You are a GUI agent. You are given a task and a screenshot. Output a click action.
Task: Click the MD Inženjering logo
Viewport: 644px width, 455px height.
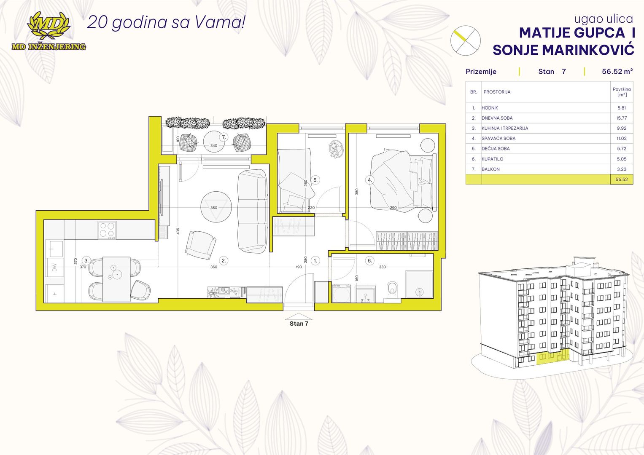tap(49, 31)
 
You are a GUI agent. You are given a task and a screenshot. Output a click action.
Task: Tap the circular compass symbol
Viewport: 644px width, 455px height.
tap(465, 40)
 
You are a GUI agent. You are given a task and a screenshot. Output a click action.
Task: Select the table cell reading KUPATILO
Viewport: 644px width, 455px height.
tap(493, 159)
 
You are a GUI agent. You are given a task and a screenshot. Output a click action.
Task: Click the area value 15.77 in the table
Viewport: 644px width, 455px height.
tap(622, 118)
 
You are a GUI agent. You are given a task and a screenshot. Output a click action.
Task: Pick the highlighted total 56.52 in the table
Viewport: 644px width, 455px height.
tap(622, 179)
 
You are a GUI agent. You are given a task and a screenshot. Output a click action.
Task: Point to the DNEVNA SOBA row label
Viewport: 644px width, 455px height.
tap(497, 118)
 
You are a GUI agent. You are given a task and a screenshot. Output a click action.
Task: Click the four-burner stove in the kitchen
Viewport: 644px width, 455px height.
tap(107, 230)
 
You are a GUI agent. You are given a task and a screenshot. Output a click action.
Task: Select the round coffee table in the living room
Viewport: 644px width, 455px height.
tap(216, 207)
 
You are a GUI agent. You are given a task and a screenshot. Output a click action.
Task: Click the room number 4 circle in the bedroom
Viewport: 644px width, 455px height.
tap(370, 180)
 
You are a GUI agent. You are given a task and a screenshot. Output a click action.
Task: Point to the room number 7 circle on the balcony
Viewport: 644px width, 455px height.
tap(224, 137)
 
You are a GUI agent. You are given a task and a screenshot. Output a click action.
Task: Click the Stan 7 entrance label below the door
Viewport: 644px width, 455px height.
tap(299, 324)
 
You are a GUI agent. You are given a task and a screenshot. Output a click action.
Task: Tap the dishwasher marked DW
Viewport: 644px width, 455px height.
tap(54, 268)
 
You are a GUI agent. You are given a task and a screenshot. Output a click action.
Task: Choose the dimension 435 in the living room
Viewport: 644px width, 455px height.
tap(178, 231)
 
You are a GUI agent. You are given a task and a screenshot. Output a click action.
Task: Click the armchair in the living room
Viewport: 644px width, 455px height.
tap(201, 245)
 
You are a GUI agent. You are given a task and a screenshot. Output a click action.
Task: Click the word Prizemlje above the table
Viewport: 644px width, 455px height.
tap(481, 72)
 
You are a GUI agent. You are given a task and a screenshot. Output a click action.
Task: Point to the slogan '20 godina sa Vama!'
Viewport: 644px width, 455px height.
tap(166, 22)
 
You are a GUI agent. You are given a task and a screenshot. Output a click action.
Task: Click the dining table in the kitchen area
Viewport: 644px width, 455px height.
tap(116, 279)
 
